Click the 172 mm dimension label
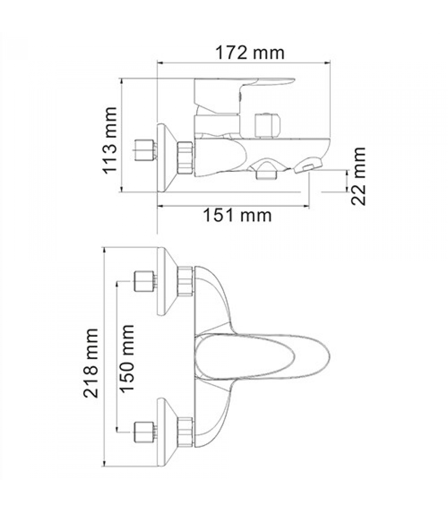[x=250, y=53]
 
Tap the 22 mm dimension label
[x=358, y=176]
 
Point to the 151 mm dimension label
[x=237, y=215]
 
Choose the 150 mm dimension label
[x=127, y=358]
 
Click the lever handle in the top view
[x=262, y=356]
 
